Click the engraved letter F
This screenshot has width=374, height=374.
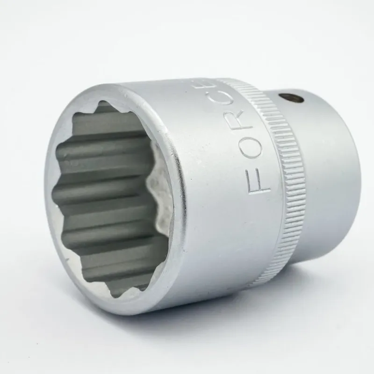(259, 183)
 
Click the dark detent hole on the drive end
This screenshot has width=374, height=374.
(292, 97)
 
